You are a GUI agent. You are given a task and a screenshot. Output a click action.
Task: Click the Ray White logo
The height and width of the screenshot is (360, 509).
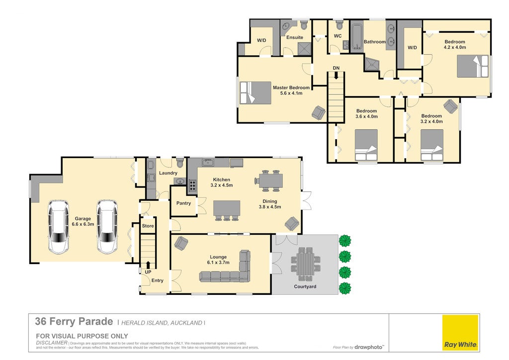[x=460, y=333]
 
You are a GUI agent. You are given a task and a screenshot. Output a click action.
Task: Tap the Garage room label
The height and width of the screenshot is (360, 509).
[x=83, y=218]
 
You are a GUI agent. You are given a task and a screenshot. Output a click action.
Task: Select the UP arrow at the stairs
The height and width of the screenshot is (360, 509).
[x=148, y=265]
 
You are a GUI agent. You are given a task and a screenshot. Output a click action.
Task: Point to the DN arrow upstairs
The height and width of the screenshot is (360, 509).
[x=336, y=76]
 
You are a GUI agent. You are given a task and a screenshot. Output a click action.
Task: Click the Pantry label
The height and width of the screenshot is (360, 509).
[x=183, y=203]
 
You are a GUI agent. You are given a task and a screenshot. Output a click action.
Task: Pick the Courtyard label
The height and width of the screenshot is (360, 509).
[x=305, y=286]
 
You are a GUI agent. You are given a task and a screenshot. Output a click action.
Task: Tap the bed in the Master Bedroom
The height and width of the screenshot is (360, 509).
[x=255, y=93]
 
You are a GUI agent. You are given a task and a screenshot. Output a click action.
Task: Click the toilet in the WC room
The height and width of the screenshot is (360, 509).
[x=339, y=25]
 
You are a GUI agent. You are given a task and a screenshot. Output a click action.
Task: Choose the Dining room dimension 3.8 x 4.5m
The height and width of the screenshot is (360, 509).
[x=270, y=207]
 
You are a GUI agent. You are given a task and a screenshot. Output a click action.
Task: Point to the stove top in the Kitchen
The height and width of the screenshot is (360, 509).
[x=192, y=185]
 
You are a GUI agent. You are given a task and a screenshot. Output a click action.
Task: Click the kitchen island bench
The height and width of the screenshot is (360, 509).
[x=227, y=208]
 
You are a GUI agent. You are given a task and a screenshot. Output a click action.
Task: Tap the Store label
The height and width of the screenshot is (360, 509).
[x=148, y=226]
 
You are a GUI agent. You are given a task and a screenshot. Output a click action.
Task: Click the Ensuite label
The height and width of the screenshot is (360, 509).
[x=295, y=37]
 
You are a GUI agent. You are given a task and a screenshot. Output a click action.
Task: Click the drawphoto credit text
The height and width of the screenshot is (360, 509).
[x=368, y=347]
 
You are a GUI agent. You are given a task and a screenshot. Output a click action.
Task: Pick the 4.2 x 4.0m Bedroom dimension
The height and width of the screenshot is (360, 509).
[x=455, y=47]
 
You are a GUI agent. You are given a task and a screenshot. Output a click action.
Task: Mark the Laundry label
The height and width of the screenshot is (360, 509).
[x=168, y=173]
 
